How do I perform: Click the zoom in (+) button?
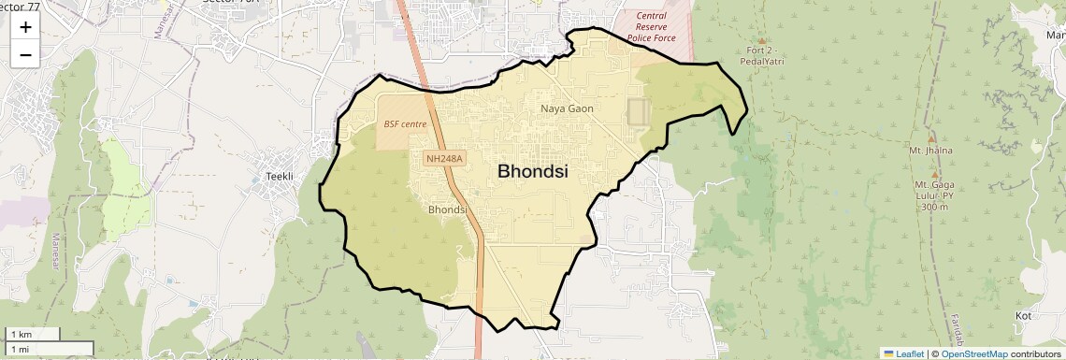tap(25, 27)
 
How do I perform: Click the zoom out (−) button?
tap(25, 55)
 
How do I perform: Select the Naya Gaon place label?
tap(567, 109)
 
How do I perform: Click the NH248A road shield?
tap(445, 159)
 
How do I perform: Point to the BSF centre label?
tap(405, 123)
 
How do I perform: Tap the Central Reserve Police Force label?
tap(651, 27)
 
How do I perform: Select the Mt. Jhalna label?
tap(929, 150)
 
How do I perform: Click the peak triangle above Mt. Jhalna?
tap(931, 137)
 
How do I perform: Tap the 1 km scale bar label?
tap(21, 334)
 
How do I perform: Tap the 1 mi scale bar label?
tap(20, 349)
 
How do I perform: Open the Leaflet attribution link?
tap(903, 353)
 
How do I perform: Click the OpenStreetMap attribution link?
tap(973, 353)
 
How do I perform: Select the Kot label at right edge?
tap(1023, 316)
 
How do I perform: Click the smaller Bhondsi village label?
tap(447, 209)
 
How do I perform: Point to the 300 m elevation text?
tap(934, 207)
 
